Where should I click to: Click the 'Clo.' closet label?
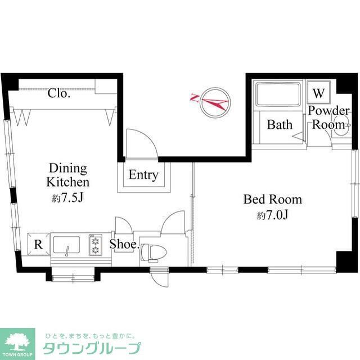click(58, 93)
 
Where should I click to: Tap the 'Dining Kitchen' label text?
click(67, 175)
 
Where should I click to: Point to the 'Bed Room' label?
click(272, 199)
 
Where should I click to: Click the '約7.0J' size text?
click(272, 215)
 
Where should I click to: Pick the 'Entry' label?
click(143, 175)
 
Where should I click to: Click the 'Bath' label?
click(280, 124)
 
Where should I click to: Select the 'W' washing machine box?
click(318, 92)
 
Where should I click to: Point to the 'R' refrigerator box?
click(38, 245)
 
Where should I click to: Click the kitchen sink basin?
click(69, 245)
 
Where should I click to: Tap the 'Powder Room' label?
click(328, 118)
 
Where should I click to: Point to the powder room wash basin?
click(339, 125)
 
